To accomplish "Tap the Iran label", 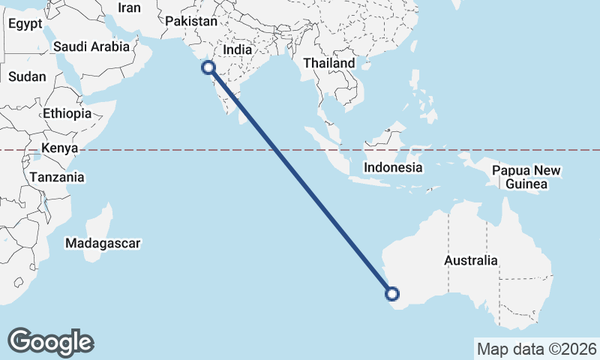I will (130, 7).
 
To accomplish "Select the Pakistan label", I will (190, 21).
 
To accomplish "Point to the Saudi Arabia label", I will (91, 46).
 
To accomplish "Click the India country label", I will (238, 49).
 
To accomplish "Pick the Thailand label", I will (329, 64).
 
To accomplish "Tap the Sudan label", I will (27, 76).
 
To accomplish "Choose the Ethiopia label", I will (67, 113).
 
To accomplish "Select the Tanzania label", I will (57, 178).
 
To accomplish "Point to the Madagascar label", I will (103, 243).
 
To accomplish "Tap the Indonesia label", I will (394, 168).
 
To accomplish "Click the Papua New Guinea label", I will (526, 177).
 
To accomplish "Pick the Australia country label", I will (471, 261).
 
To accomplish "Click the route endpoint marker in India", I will (208, 68).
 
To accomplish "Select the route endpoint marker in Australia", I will (391, 294).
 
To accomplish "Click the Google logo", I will (50, 342).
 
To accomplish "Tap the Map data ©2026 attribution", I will (537, 349).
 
